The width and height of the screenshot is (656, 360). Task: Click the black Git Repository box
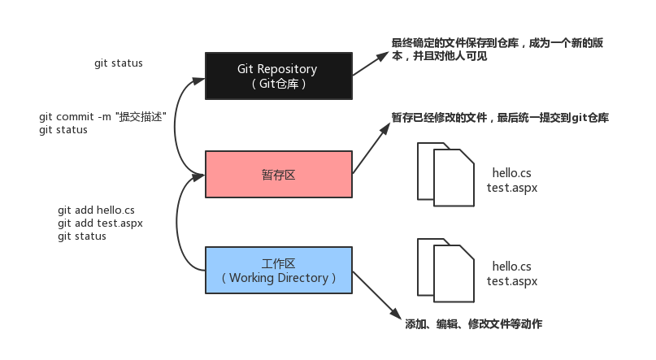[x=278, y=76]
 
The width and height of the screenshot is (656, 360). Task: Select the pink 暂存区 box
[x=278, y=174]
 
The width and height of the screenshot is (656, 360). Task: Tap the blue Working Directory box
[x=278, y=271]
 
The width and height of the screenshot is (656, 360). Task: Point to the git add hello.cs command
[x=96, y=210]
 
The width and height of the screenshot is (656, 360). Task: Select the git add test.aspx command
[x=100, y=223]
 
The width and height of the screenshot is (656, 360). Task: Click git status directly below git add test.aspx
[x=82, y=236]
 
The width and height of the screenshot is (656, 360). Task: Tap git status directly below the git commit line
[x=63, y=130]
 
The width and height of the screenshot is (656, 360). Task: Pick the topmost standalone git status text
[x=118, y=63]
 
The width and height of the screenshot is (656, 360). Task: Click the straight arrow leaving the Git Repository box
[x=371, y=64]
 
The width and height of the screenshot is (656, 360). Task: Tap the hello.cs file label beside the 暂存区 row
[x=511, y=173]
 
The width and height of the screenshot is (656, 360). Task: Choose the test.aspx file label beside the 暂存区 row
[x=512, y=187]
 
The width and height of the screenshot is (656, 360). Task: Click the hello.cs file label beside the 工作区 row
[x=511, y=267]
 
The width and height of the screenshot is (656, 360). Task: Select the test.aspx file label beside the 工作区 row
[x=512, y=281]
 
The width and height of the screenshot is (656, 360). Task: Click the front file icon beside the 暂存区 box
[x=454, y=180]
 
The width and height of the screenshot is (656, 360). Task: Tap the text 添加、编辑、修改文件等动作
[x=473, y=324]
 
